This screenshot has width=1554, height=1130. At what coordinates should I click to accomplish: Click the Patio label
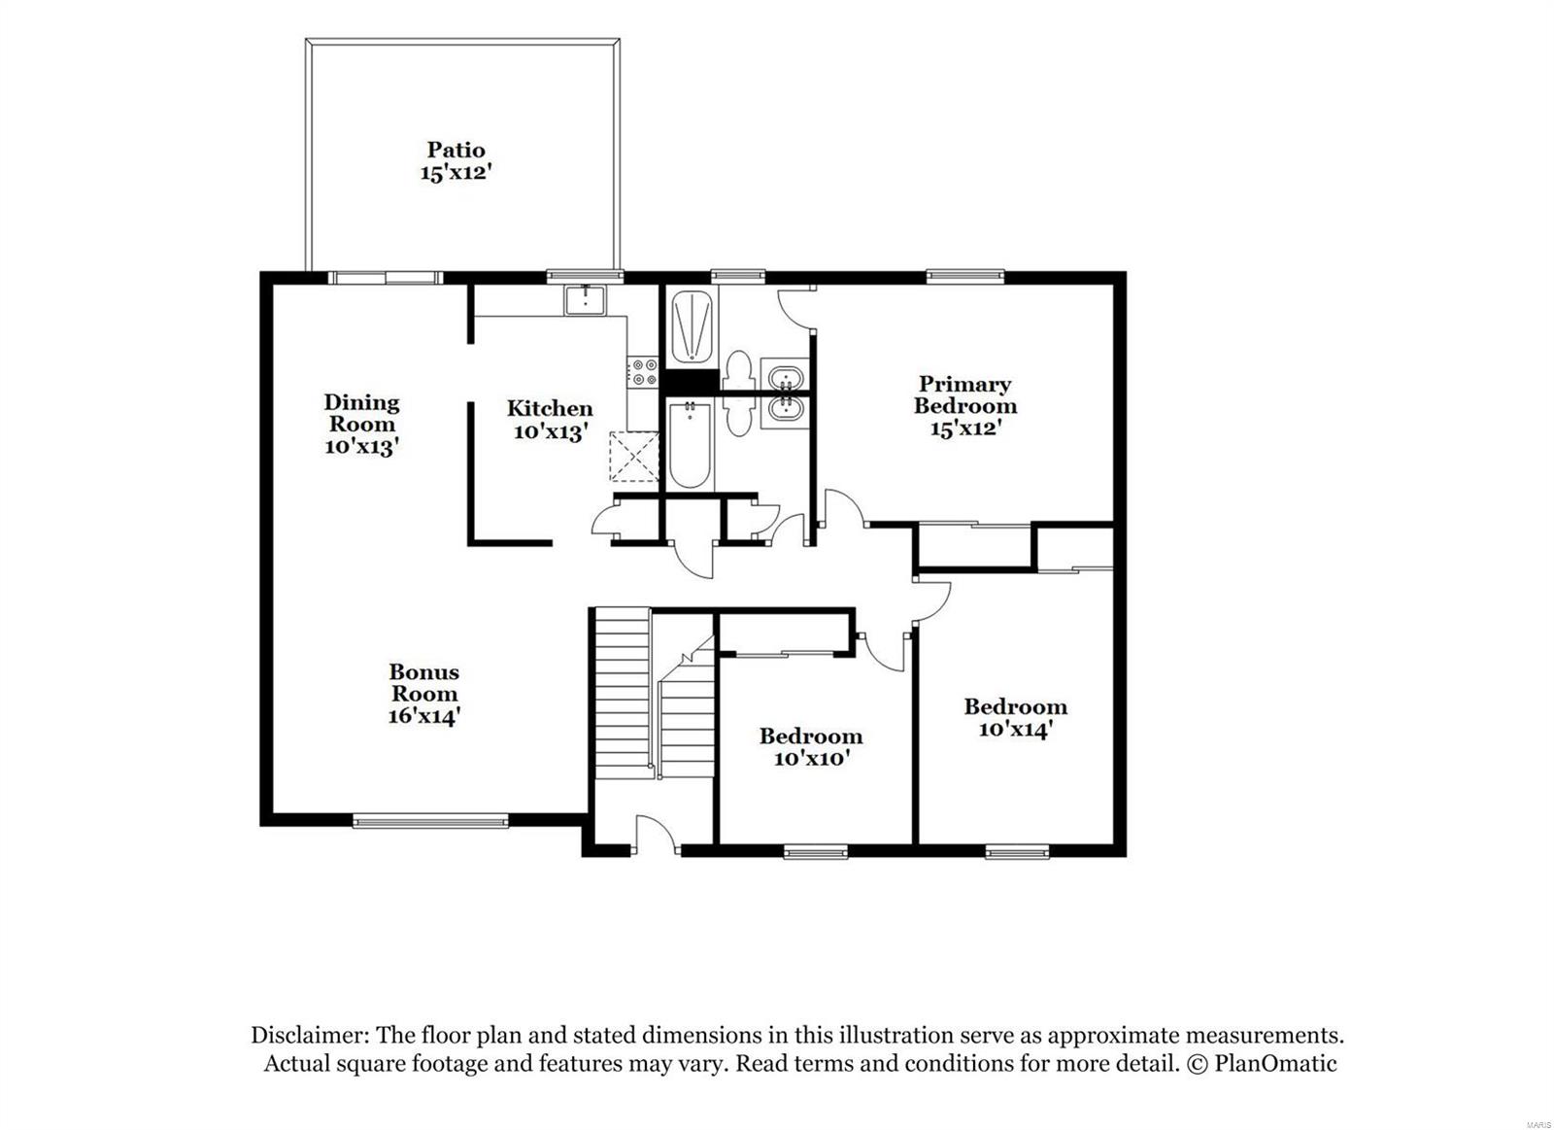click(456, 150)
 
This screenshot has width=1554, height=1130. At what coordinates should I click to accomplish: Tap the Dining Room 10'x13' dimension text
click(361, 447)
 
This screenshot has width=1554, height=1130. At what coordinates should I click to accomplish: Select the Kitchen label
click(550, 409)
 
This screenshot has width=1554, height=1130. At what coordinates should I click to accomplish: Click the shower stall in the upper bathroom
click(692, 327)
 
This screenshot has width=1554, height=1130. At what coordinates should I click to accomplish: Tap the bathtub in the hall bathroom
click(691, 446)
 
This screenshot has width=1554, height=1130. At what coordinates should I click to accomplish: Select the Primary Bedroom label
click(964, 394)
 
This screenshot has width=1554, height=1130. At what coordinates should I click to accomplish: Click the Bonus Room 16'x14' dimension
click(423, 717)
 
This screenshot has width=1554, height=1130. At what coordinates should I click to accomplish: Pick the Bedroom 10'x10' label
click(811, 736)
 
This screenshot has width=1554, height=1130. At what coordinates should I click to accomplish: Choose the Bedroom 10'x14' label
click(1015, 706)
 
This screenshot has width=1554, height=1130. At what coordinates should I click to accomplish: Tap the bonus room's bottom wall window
click(429, 822)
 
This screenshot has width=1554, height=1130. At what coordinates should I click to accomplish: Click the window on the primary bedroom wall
click(963, 277)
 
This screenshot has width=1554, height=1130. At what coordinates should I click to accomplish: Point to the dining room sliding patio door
click(385, 278)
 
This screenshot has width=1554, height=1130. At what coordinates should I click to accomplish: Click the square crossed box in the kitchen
click(633, 457)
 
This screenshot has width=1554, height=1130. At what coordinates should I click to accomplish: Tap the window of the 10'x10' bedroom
click(815, 852)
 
